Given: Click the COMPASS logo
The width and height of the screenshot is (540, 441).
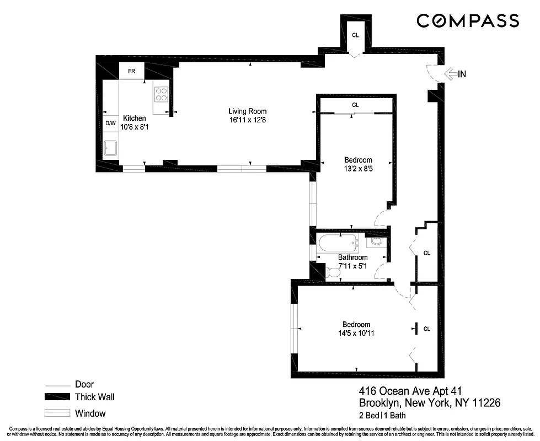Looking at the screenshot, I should click(x=467, y=21).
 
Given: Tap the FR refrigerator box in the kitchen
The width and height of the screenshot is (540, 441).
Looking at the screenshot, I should click(x=132, y=71).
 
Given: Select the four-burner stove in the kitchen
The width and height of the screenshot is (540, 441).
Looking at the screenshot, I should click(x=161, y=94).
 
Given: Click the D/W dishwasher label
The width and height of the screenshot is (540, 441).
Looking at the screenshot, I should click(x=110, y=123).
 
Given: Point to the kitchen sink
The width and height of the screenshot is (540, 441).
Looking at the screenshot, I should click(x=110, y=148).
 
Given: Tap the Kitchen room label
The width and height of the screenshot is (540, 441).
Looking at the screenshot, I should click(x=135, y=118).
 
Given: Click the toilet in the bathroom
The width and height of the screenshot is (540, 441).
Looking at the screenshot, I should click(x=334, y=271).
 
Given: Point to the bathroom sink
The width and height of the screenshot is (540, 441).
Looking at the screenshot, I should click(x=376, y=241).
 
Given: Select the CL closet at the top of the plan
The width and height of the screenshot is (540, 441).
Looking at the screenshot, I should click(x=355, y=35).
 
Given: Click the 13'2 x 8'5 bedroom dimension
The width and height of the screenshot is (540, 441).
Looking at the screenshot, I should click(x=356, y=169).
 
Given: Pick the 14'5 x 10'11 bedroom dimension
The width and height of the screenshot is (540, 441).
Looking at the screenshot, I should click(x=356, y=333).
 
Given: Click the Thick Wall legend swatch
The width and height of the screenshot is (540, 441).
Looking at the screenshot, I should click(x=57, y=397).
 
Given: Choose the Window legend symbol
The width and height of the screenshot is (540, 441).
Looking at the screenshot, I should click(x=57, y=413).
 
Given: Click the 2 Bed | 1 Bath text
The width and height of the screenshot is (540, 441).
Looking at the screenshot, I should click(x=382, y=415).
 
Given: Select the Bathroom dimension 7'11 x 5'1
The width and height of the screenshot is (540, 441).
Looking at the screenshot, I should click(x=353, y=267).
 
